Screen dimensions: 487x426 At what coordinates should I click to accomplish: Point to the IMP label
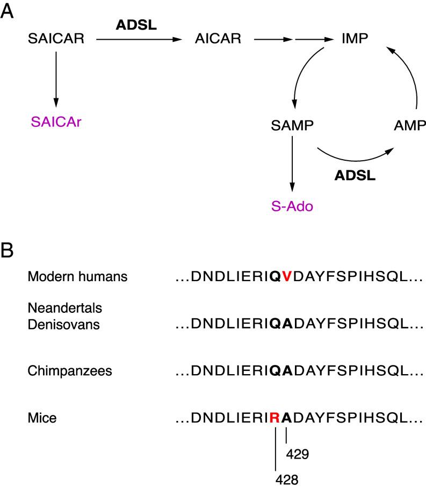pyautogui.click(x=355, y=39)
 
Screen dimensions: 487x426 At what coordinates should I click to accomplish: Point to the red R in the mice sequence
pyautogui.click(x=275, y=418)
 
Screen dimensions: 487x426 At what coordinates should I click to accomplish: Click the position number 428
pyautogui.click(x=287, y=478)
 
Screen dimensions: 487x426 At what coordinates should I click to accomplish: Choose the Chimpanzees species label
pyautogui.click(x=57, y=372)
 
